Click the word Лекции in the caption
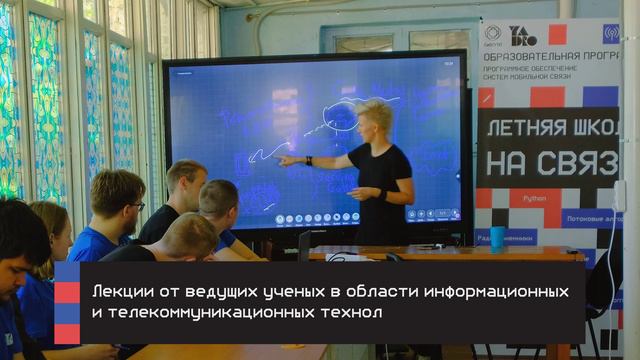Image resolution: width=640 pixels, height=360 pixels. pyautogui.click(x=116, y=291)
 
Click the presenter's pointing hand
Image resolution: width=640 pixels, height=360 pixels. pyautogui.click(x=285, y=159)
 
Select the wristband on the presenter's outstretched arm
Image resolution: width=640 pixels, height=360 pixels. pyautogui.click(x=309, y=160)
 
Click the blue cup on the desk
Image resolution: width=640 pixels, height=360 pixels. pyautogui.click(x=497, y=237)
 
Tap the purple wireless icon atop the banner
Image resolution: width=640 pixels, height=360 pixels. pyautogui.click(x=611, y=34)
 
